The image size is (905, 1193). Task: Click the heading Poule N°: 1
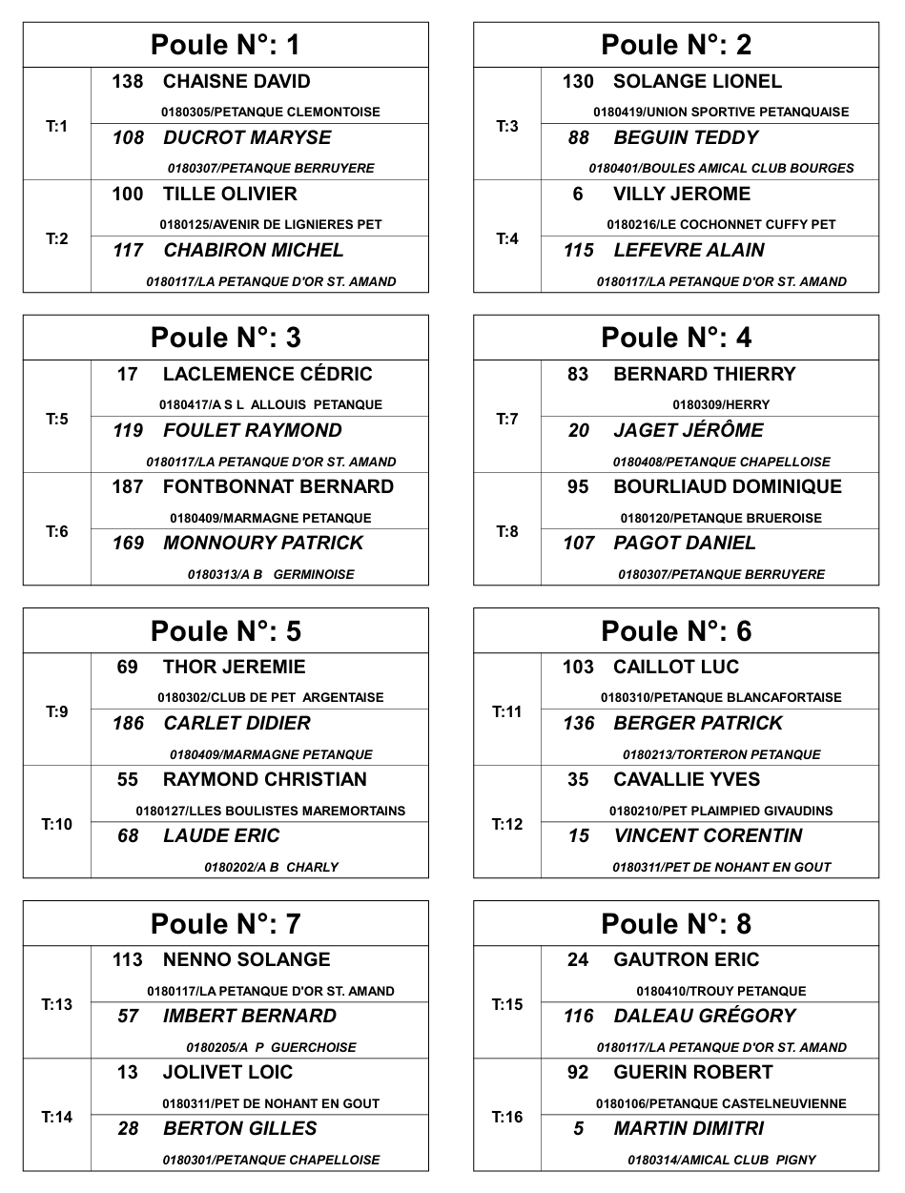(225, 45)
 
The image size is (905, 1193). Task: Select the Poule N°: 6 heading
(675, 631)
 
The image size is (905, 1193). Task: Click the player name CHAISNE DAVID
(237, 82)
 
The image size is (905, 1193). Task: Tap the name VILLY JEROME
(681, 195)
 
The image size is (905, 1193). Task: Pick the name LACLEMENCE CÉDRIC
(267, 375)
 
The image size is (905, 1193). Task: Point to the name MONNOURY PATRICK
(263, 544)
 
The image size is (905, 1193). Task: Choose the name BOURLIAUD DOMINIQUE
(728, 487)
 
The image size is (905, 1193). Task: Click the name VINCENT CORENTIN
(708, 836)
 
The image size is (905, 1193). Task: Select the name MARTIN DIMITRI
(689, 1129)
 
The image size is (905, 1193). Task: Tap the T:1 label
(57, 126)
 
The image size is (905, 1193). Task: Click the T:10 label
(57, 824)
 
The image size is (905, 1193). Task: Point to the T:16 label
(507, 1117)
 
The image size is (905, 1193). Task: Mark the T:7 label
(507, 419)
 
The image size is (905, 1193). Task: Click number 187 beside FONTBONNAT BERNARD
(128, 487)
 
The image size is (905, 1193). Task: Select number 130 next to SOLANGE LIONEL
(578, 82)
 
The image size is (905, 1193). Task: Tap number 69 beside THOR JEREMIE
(128, 668)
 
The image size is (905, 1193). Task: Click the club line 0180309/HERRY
(721, 404)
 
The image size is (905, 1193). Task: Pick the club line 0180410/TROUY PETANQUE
(721, 991)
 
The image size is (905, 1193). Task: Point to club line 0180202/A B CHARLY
(271, 868)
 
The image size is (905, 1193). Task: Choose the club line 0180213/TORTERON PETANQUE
(721, 754)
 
